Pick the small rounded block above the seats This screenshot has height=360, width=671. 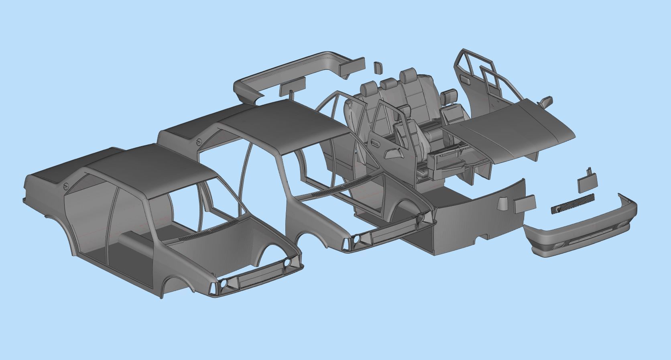[x=377, y=67]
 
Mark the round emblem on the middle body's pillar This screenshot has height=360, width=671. [x=199, y=142]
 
